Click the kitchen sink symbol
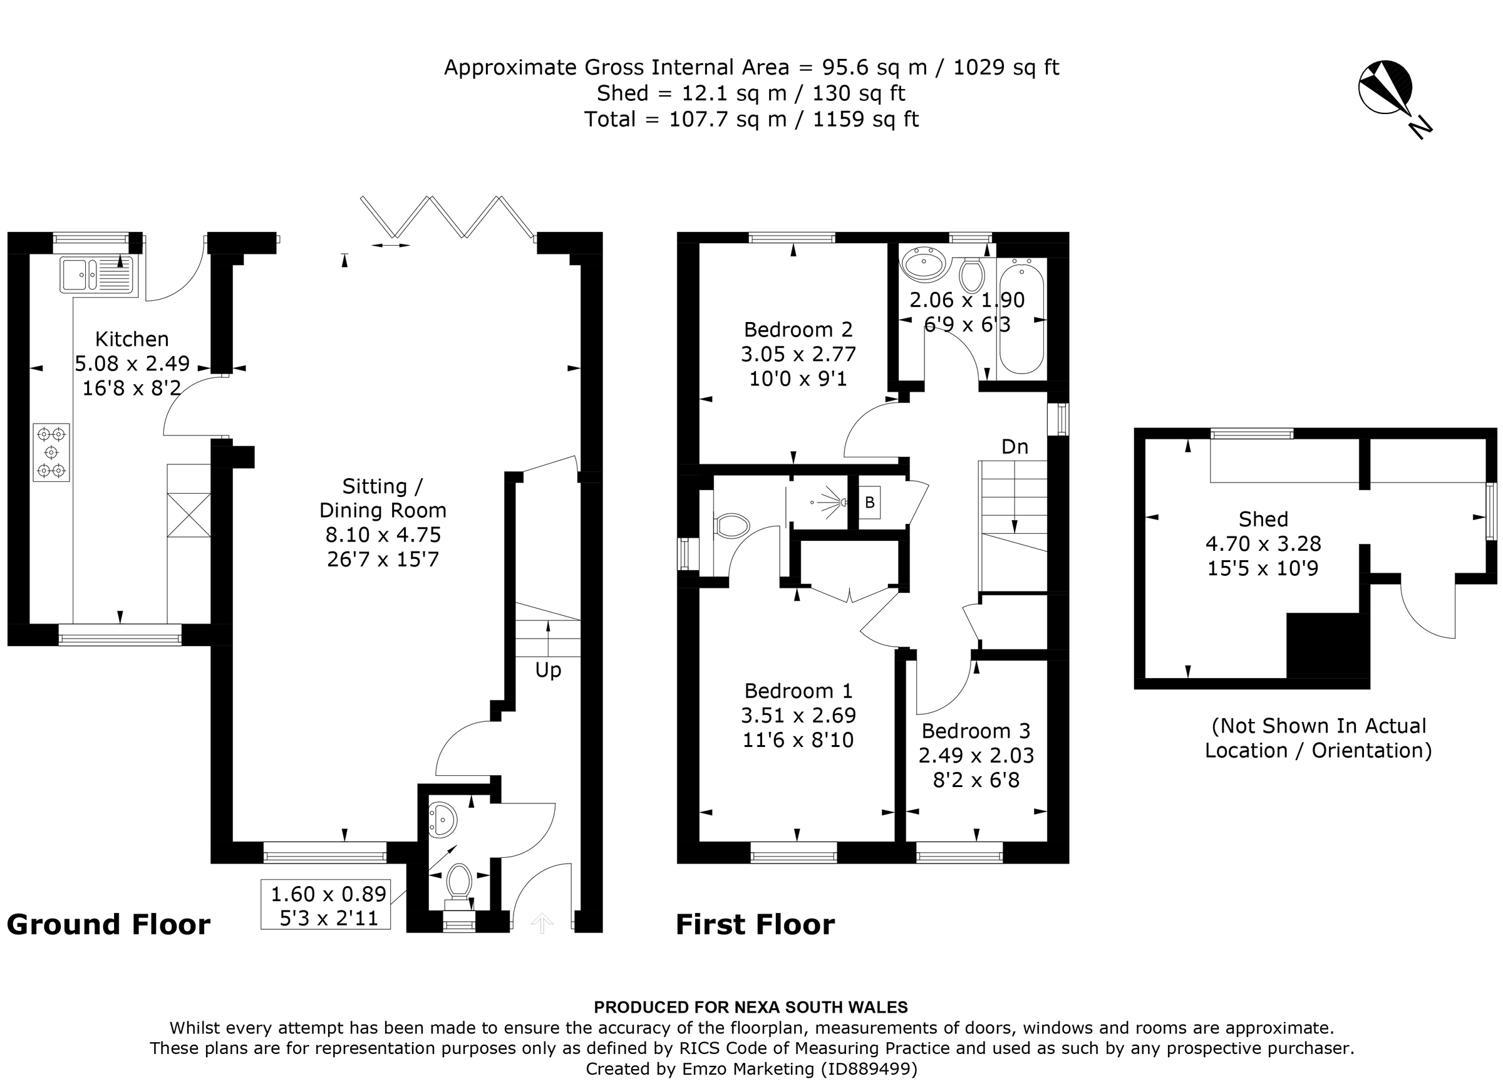96,274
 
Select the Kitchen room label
132,339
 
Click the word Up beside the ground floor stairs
548,671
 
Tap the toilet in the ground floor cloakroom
458,882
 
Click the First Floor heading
755,924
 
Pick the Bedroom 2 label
798,330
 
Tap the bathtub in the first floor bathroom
1021,319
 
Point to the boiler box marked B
869,503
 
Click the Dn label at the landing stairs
1015,447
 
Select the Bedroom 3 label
976,731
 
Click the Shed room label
1263,519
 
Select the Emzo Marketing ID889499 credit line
751,1068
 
